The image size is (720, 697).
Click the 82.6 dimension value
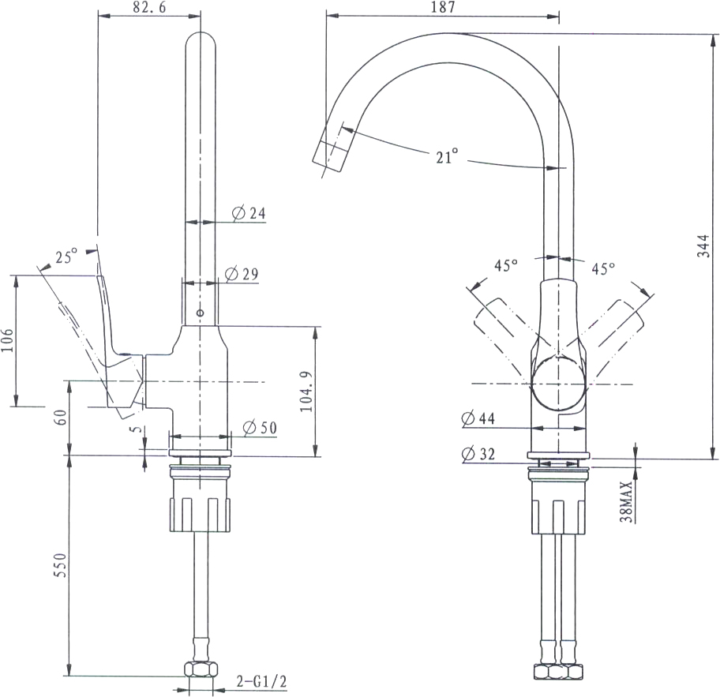pos(150,7)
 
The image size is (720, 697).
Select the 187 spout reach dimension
pos(443,7)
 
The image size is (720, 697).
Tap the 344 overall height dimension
pos(703,245)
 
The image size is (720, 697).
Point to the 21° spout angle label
pos(447,156)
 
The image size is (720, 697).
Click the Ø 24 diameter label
pos(249,213)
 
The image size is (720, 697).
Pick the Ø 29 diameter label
pos(242,274)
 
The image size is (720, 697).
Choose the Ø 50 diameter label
pos(260,428)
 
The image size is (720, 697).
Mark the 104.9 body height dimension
pos(306,392)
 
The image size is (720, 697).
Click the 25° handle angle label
pos(66,257)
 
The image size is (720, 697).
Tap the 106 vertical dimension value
pos(7,340)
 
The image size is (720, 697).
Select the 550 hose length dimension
pos(60,565)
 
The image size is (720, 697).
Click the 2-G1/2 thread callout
pos(262,681)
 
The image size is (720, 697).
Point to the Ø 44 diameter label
pos(478,418)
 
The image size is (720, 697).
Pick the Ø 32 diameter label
pos(478,454)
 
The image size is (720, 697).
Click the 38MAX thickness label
pos(626,501)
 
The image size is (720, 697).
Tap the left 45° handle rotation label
pos(506,265)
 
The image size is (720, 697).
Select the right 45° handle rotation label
pos(603,268)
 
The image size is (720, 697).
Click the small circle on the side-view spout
pos(200,313)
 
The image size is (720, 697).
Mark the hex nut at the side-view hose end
pos(201,669)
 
